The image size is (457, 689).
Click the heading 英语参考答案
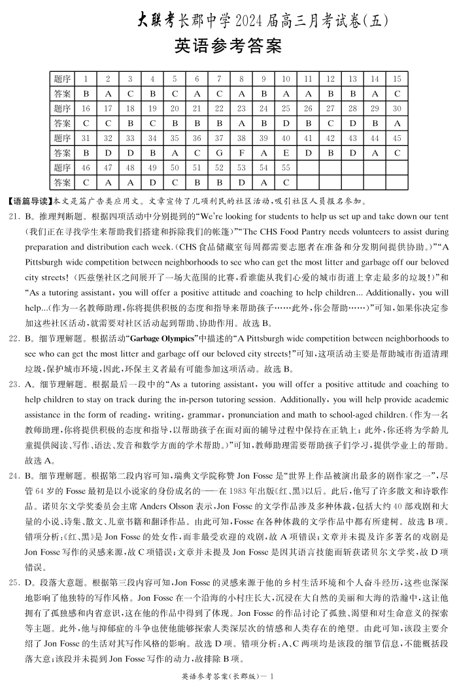228,47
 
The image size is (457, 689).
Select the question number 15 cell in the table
397,79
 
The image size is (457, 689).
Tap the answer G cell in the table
220,152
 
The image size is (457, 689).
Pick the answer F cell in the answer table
241,152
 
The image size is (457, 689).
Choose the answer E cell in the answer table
286,152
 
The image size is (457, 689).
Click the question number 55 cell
286,168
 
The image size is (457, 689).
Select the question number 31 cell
86,138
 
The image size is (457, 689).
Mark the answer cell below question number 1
86,93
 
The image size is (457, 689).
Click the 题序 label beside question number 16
62,108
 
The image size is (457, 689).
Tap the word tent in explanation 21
441,216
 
